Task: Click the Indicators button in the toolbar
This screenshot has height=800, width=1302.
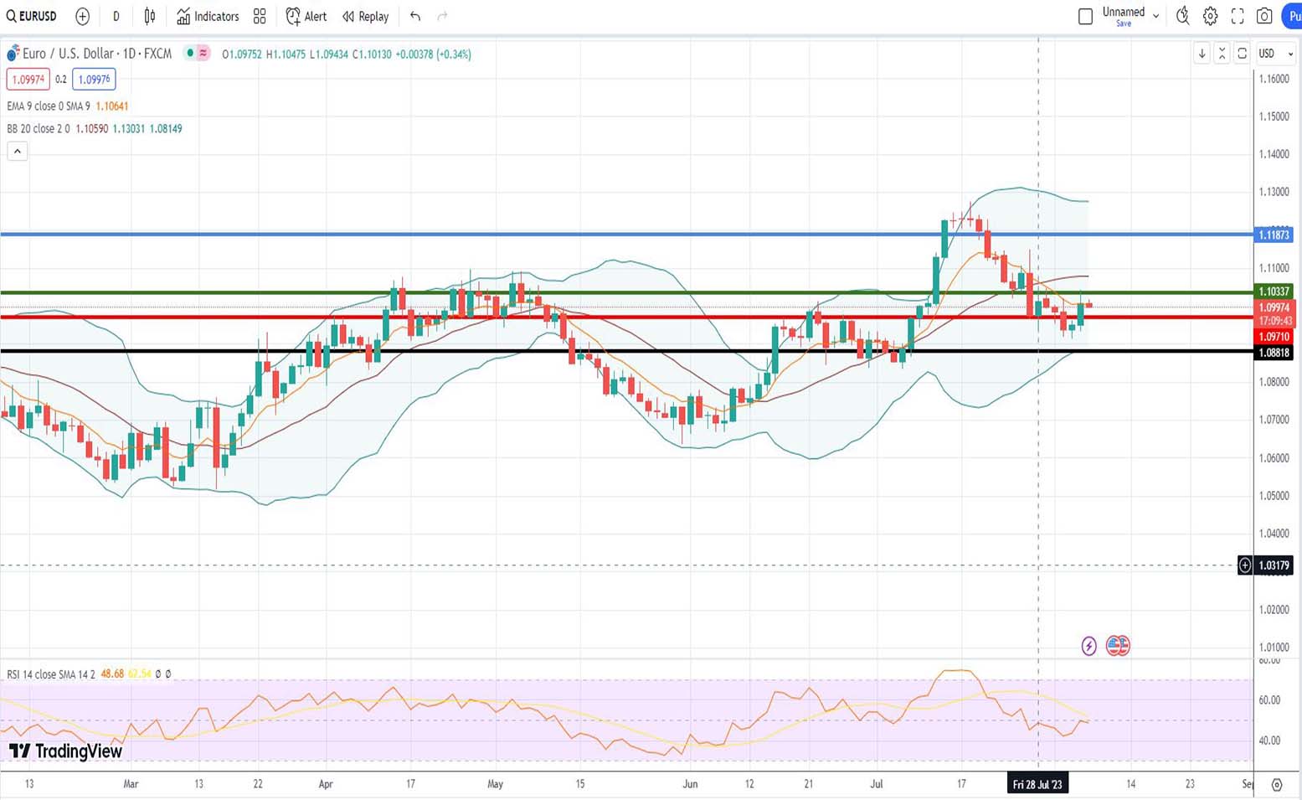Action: click(208, 17)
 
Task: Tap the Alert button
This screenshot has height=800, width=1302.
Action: click(306, 17)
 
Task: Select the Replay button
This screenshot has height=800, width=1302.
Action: click(366, 17)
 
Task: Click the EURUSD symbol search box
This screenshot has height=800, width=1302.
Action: click(32, 17)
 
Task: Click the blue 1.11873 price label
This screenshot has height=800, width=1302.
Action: click(1274, 235)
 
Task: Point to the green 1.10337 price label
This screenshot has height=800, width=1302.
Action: click(1274, 292)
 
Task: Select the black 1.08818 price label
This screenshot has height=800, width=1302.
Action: click(1274, 353)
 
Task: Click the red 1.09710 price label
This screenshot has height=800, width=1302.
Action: click(1274, 337)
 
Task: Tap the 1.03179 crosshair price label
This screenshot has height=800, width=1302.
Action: click(1274, 565)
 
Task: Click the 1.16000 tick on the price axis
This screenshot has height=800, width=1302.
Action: click(1274, 79)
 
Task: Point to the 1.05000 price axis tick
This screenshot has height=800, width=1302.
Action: click(1274, 496)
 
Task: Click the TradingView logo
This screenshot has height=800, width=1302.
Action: click(66, 751)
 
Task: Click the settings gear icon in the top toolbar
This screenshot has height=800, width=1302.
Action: click(1210, 16)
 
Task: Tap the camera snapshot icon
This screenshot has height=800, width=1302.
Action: click(1264, 16)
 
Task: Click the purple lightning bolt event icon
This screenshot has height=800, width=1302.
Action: click(1088, 646)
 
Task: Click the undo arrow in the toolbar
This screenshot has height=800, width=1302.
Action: click(415, 17)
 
